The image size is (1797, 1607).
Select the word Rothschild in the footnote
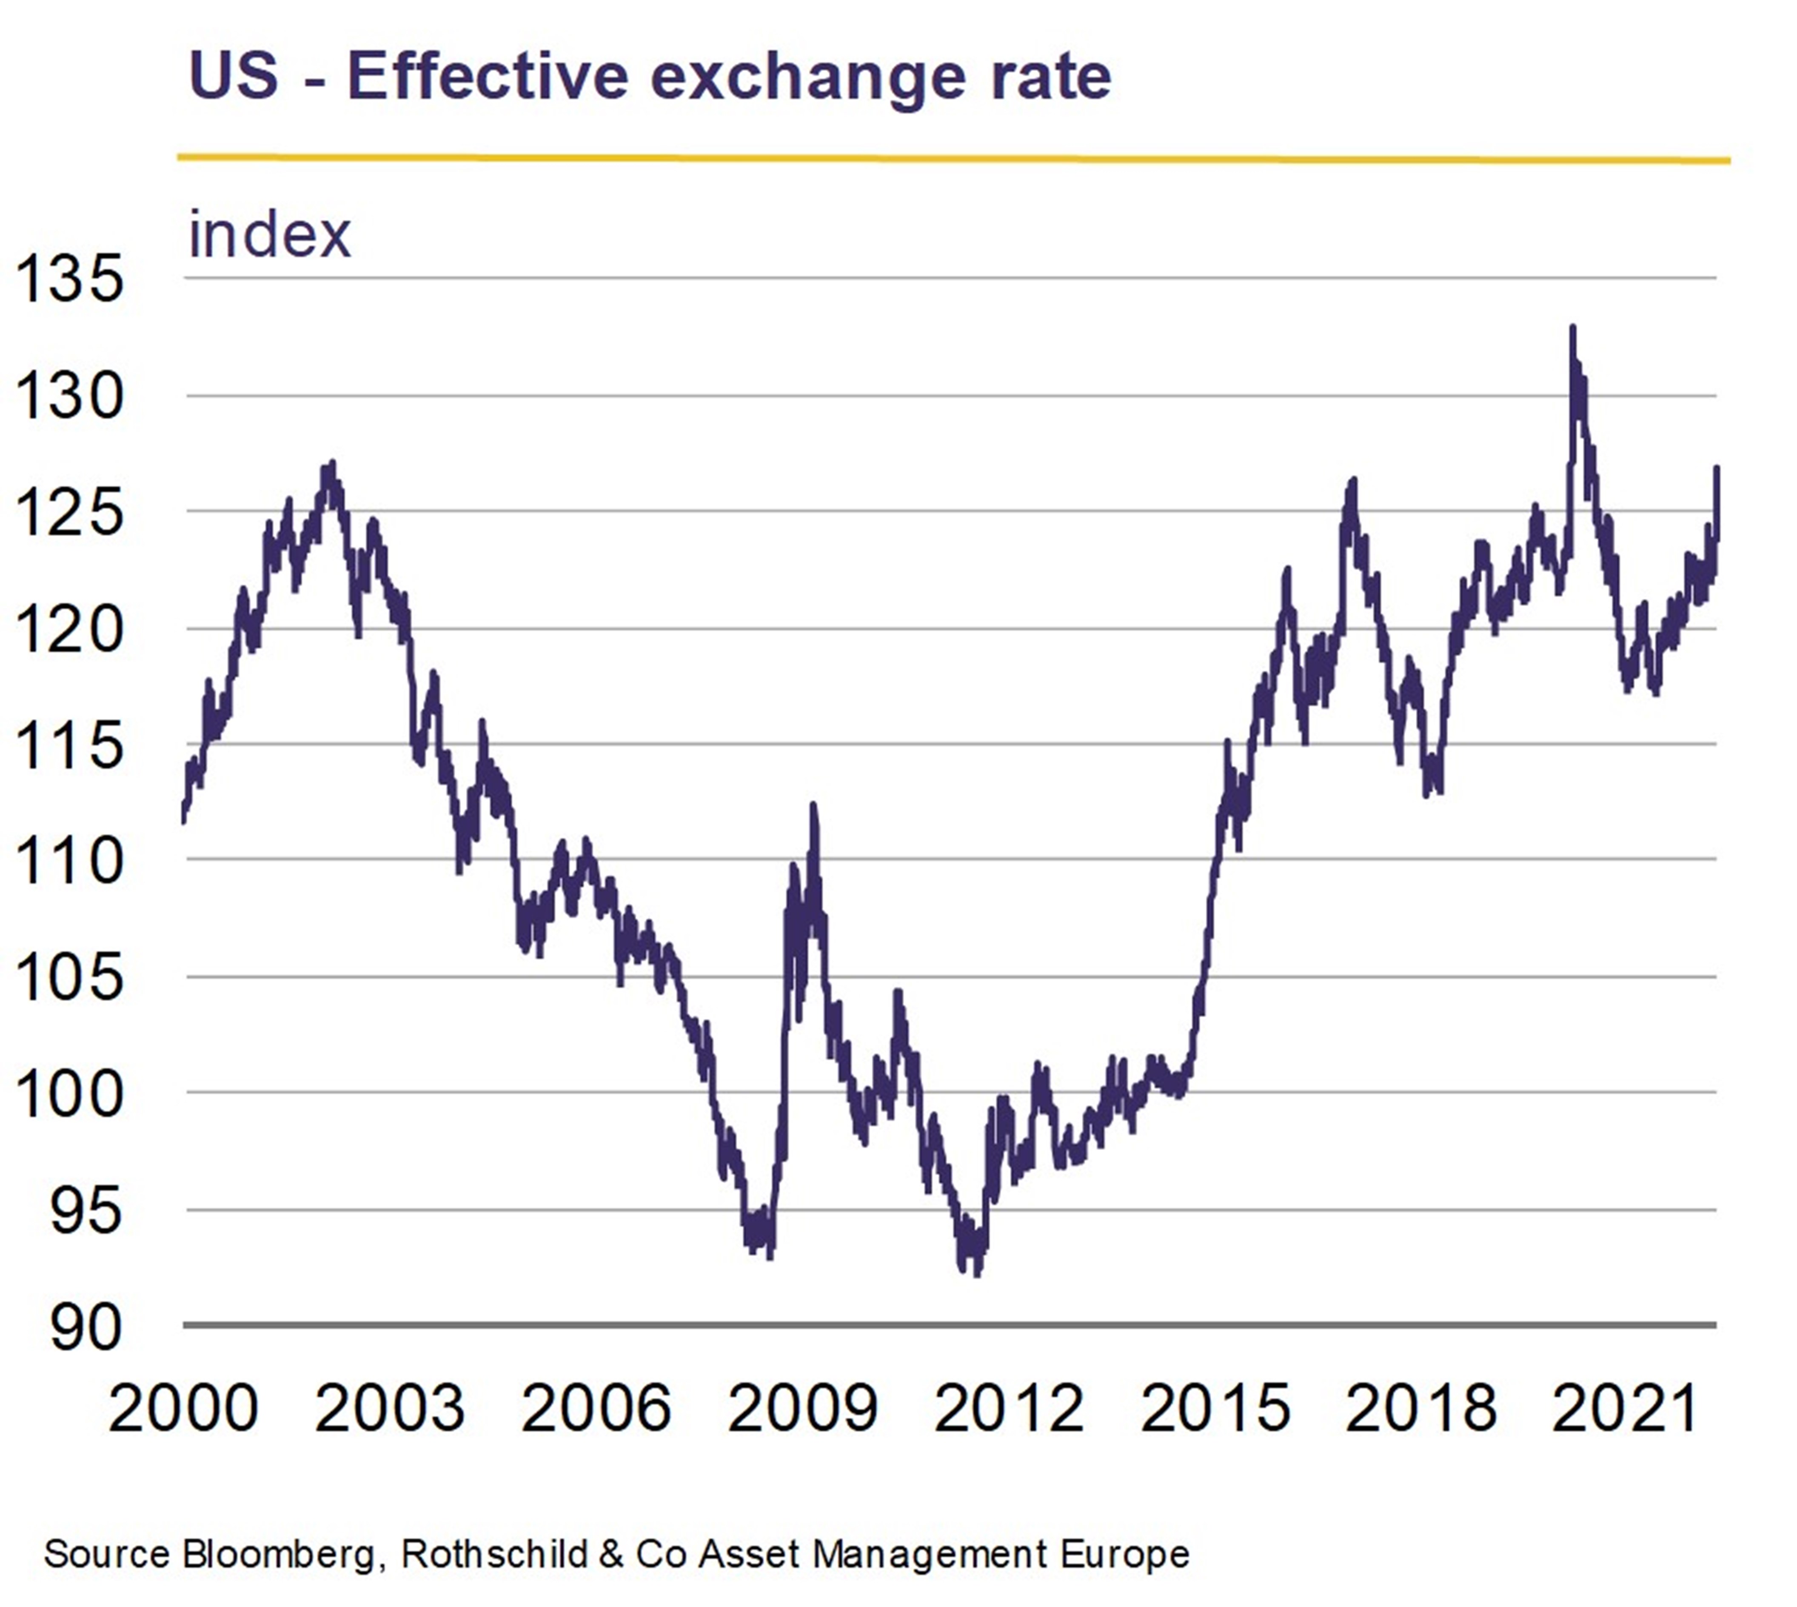click(x=494, y=1554)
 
